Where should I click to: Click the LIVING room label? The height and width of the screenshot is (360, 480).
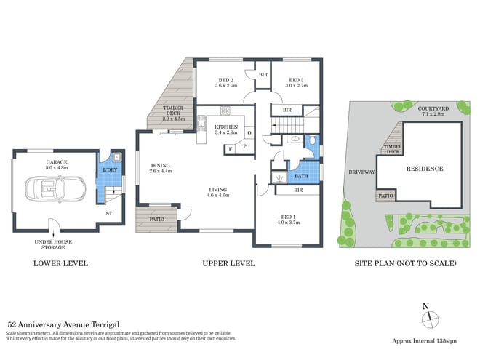click(x=219, y=192)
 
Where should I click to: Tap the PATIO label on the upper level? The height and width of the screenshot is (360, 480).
click(x=156, y=219)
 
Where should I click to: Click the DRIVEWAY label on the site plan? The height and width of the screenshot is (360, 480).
click(x=361, y=172)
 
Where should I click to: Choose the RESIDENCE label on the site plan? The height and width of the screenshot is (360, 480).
click(x=424, y=168)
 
